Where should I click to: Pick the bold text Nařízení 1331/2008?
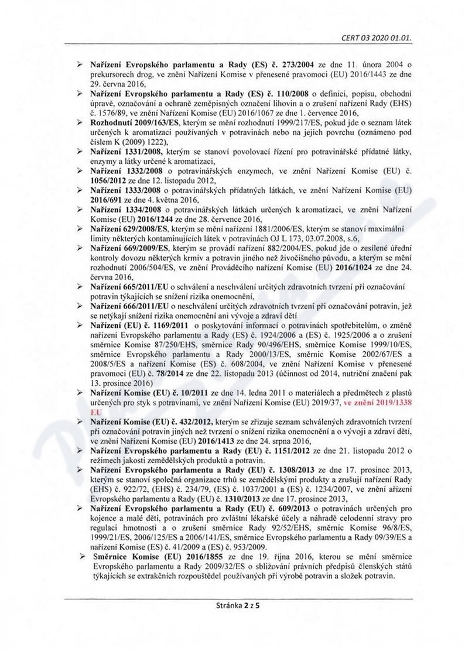pos(118,152)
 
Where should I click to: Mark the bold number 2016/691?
pos(108,198)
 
